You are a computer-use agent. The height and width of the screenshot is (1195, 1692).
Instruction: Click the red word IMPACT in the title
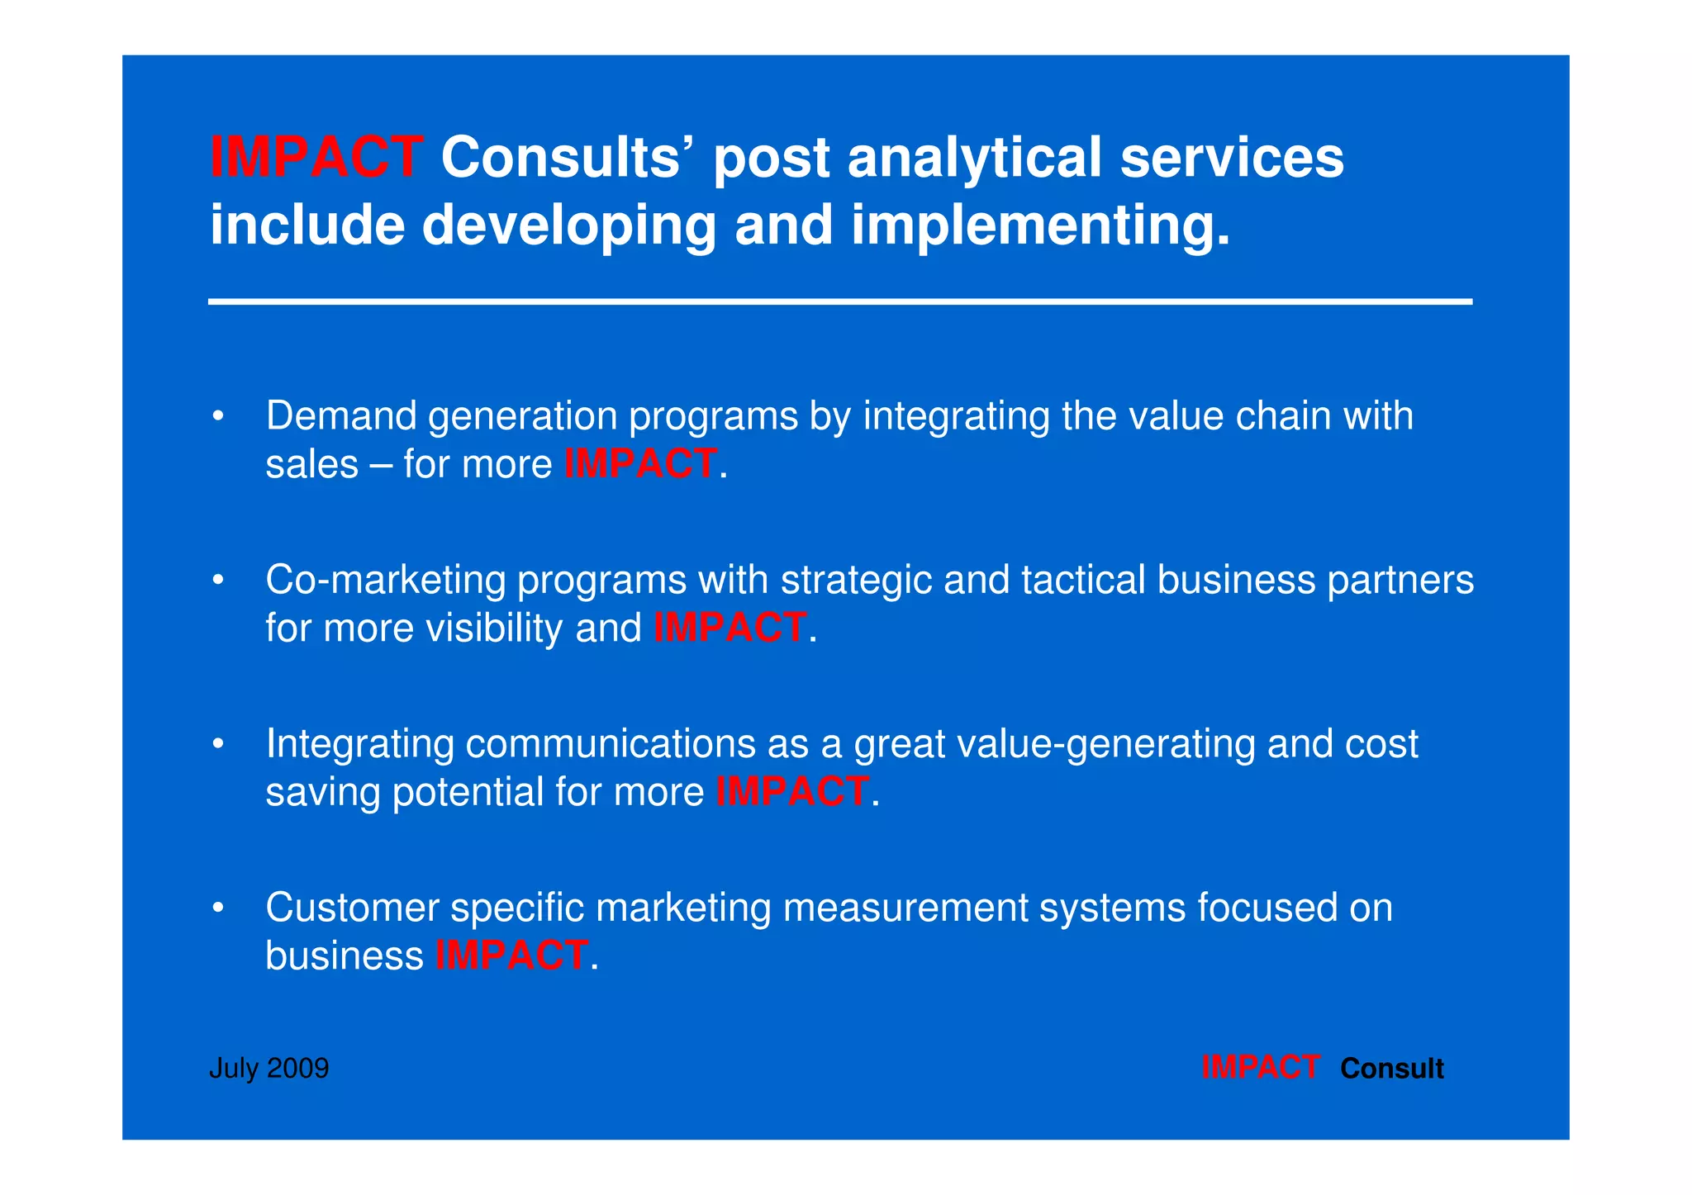pos(316,157)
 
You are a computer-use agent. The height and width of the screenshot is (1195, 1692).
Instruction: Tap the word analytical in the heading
pos(975,157)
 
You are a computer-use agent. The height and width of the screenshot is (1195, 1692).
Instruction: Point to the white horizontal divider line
pos(839,302)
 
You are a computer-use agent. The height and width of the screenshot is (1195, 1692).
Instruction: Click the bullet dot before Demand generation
pos(218,417)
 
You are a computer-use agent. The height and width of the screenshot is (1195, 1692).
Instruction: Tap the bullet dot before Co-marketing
pos(218,581)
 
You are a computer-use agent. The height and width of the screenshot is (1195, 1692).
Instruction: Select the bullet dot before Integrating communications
pos(218,745)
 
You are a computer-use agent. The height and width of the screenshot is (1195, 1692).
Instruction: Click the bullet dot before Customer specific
pos(218,908)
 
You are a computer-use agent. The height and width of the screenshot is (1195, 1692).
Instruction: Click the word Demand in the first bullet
pos(341,415)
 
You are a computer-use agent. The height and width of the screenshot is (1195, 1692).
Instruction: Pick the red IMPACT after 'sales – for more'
pos(640,463)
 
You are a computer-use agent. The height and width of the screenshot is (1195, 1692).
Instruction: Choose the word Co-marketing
pos(385,580)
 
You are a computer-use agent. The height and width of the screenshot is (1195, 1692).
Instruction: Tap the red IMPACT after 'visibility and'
pos(730,628)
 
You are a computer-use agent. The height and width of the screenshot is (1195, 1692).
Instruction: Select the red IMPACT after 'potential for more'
pos(792,791)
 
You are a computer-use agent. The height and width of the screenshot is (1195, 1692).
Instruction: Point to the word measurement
pos(905,908)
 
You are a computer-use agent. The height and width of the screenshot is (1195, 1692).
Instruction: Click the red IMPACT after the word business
pos(511,956)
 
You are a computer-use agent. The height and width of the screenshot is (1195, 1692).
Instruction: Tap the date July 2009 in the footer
pos(269,1069)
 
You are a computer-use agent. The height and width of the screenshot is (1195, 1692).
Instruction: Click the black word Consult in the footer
pos(1391,1069)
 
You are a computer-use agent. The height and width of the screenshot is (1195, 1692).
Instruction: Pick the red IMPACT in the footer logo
pos(1260,1068)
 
